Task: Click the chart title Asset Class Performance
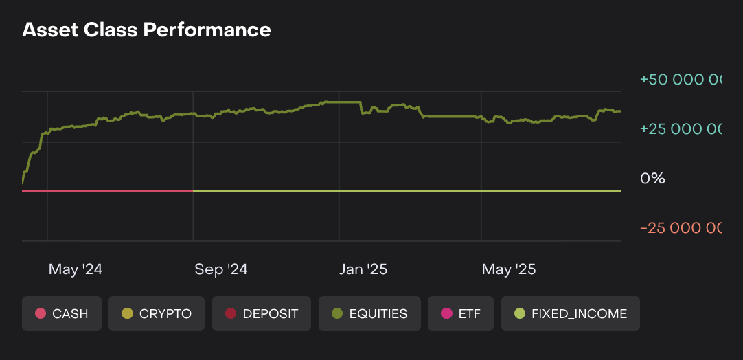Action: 146,30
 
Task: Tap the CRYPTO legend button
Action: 157,314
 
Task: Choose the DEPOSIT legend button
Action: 262,314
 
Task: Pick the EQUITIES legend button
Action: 369,314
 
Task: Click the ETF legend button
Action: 460,314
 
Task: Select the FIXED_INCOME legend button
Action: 571,314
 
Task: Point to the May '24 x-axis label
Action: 76,269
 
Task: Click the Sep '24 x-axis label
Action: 221,269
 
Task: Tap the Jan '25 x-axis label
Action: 363,269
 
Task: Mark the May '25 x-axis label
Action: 509,269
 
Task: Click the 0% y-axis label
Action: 652,179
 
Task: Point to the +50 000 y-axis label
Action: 680,80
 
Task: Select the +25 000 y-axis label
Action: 680,129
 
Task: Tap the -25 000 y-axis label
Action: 680,228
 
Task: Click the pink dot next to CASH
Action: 41,314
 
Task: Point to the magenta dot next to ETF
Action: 446,314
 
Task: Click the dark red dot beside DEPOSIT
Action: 231,314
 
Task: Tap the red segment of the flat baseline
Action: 108,191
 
